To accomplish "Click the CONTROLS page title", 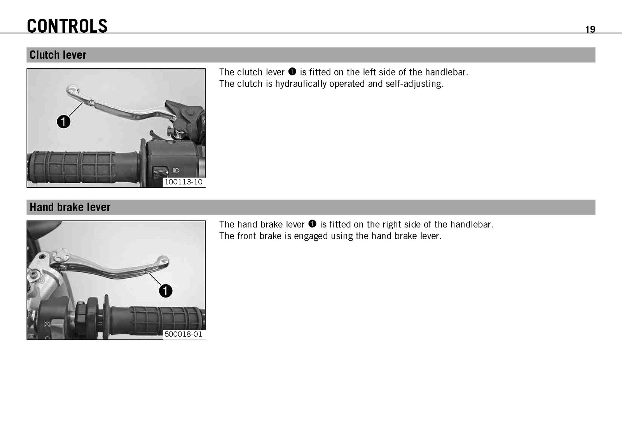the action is point(67,26).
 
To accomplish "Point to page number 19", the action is point(590,29).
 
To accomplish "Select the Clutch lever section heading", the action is point(58,55).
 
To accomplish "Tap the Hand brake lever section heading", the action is point(70,207).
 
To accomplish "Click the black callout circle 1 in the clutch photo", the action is point(64,122).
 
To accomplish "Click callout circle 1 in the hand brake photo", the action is point(166,291).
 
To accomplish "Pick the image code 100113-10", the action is point(183,182).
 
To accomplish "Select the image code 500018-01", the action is point(183,334).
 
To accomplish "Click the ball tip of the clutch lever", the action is point(72,90).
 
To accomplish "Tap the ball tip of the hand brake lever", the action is point(163,261).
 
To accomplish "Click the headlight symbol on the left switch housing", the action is point(176,170).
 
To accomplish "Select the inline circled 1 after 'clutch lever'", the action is point(292,72).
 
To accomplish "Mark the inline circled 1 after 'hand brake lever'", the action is point(312,224).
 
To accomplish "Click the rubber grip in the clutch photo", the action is point(83,168).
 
